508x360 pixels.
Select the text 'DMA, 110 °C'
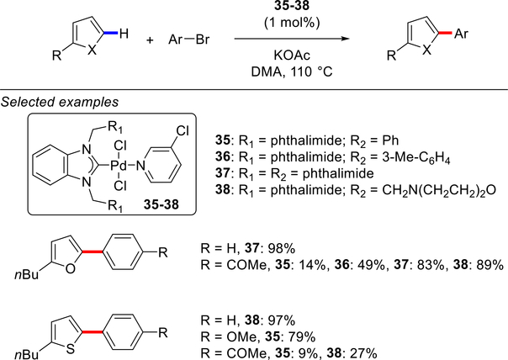pyautogui.click(x=287, y=75)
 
